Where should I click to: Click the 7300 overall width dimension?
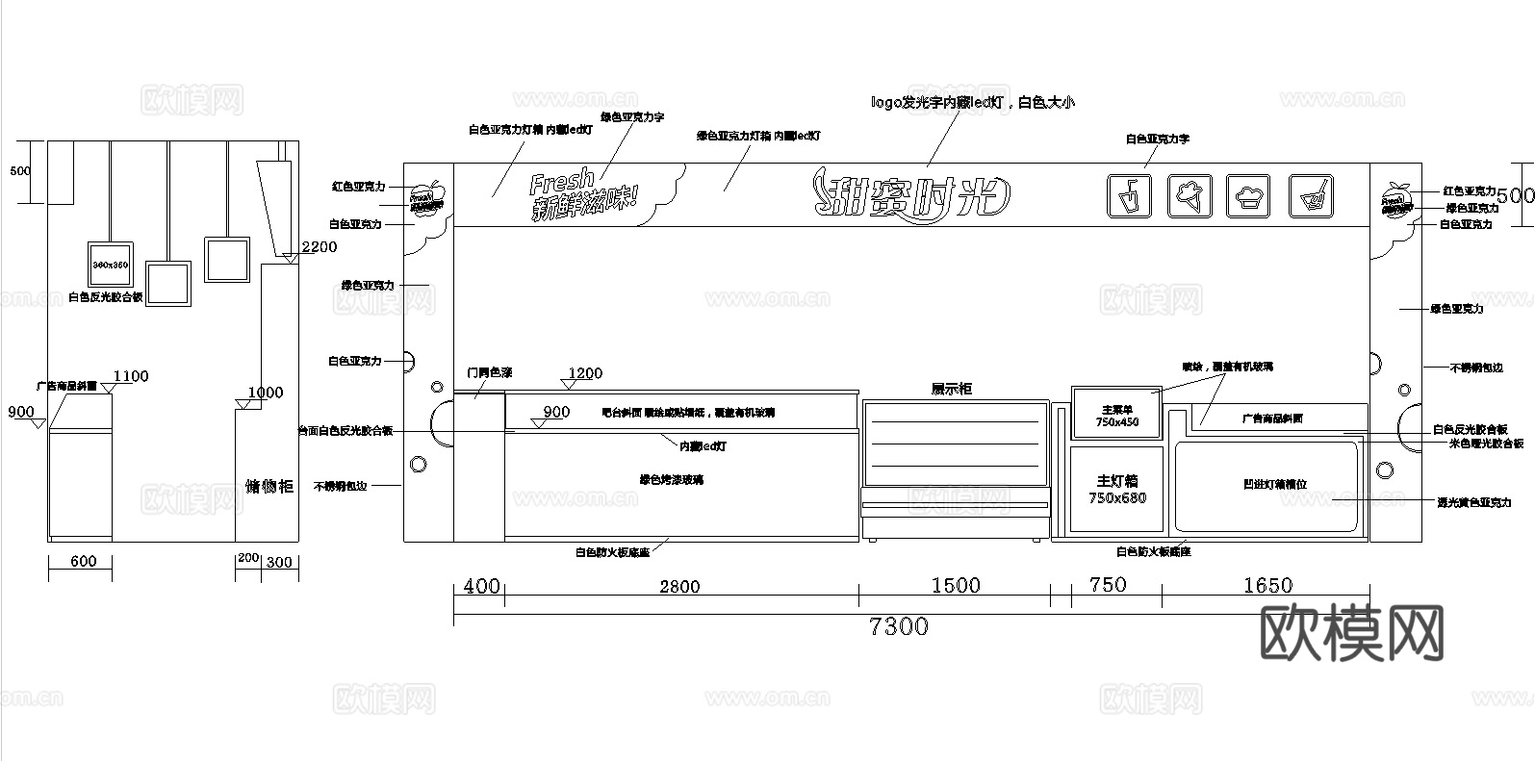pos(899,626)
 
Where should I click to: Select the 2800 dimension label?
pos(679,586)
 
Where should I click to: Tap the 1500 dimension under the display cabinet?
pos(956,585)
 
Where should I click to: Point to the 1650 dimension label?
pos(1267,585)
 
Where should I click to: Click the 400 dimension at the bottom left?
pos(482,585)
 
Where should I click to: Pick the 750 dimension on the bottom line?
pos(1107,584)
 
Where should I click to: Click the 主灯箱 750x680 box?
pos(1117,489)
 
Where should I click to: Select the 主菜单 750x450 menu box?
pos(1116,414)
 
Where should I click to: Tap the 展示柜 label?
pos(951,389)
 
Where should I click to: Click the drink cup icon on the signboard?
pos(1130,195)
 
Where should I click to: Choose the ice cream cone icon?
pos(1190,195)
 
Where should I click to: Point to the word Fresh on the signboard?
pos(562,181)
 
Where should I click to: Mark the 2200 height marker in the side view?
pos(319,247)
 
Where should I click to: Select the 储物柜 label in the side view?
pos(269,486)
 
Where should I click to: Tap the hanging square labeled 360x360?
pos(111,263)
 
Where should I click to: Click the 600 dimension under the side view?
pos(84,561)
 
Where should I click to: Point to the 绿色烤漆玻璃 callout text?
pos(671,479)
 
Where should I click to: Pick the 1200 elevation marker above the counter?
pos(585,373)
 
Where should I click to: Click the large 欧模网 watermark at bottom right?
pos(1352,634)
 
